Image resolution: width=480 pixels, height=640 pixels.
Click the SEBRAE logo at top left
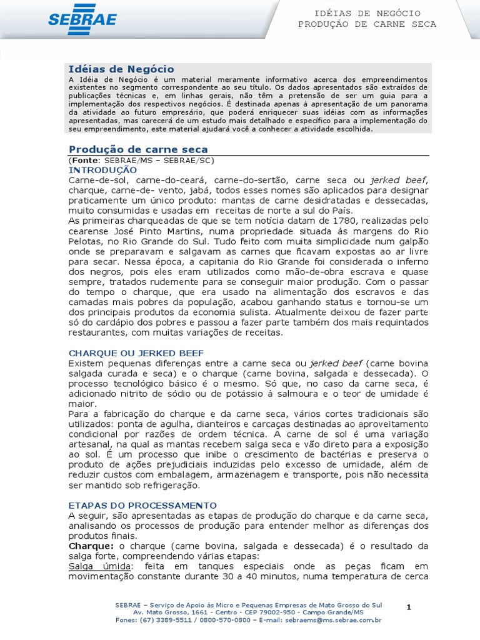82,19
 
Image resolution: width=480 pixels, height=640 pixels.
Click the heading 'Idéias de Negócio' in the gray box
121,69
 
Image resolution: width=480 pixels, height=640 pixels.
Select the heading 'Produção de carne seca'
138,149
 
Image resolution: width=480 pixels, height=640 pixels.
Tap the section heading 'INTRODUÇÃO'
102,170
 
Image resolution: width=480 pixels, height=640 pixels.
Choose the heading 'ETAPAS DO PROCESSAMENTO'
142,505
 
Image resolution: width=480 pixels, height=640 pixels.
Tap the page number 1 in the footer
409,607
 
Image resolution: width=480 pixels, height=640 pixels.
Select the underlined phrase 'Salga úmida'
96,566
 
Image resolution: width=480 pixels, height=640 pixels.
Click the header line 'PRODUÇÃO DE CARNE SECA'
367,24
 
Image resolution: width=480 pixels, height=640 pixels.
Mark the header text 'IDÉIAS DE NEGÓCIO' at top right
367,13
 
